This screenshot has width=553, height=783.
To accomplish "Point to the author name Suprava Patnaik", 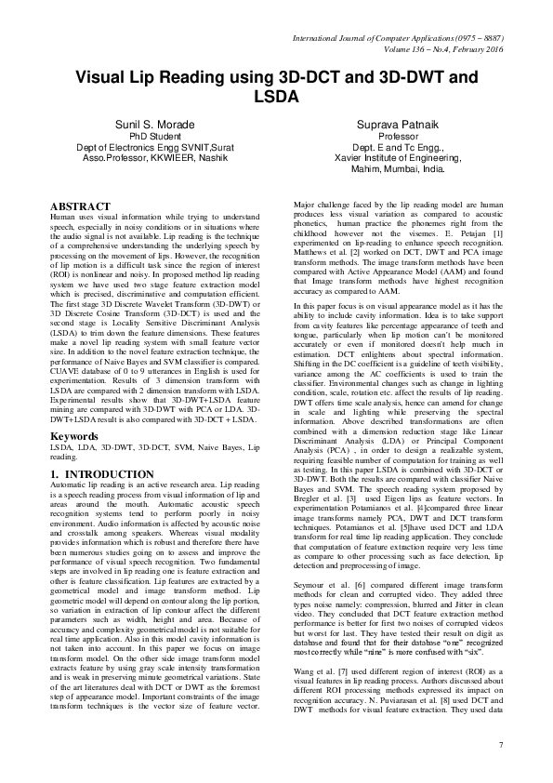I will [x=403, y=122].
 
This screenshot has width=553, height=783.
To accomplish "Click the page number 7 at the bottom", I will [x=501, y=746].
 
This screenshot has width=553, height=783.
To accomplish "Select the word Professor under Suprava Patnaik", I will [x=403, y=135].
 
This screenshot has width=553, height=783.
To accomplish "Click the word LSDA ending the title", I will [x=276, y=96].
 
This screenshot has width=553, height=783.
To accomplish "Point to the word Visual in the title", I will [x=107, y=78].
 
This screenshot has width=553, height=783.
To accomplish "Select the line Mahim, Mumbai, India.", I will [x=403, y=169].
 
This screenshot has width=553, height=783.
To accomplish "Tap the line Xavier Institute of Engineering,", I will [x=403, y=158].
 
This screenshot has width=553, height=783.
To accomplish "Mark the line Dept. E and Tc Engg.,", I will [x=403, y=147].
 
